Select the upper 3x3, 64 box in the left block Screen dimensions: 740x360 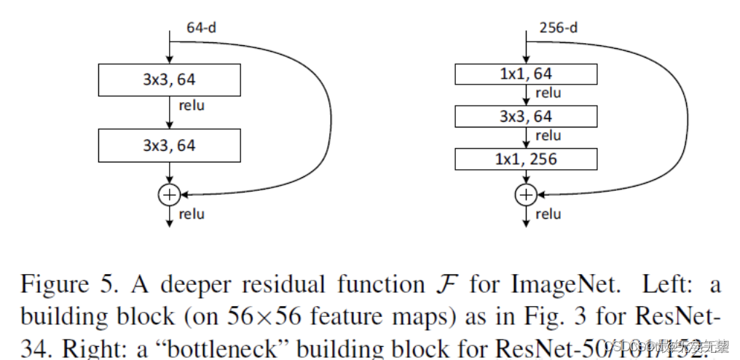point(169,79)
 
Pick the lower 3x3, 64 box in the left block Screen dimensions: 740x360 point(169,145)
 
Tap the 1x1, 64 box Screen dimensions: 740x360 point(526,74)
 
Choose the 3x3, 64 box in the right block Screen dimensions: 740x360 point(526,117)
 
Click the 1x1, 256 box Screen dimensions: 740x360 point(526,159)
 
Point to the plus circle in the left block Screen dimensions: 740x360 point(169,194)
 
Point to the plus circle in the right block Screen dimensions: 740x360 point(525,194)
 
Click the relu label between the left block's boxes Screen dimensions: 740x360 point(192,106)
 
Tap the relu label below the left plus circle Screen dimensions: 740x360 point(192,214)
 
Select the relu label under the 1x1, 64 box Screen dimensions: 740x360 point(548,93)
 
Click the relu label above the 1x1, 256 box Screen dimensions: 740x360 point(548,136)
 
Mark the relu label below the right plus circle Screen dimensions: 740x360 point(548,214)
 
